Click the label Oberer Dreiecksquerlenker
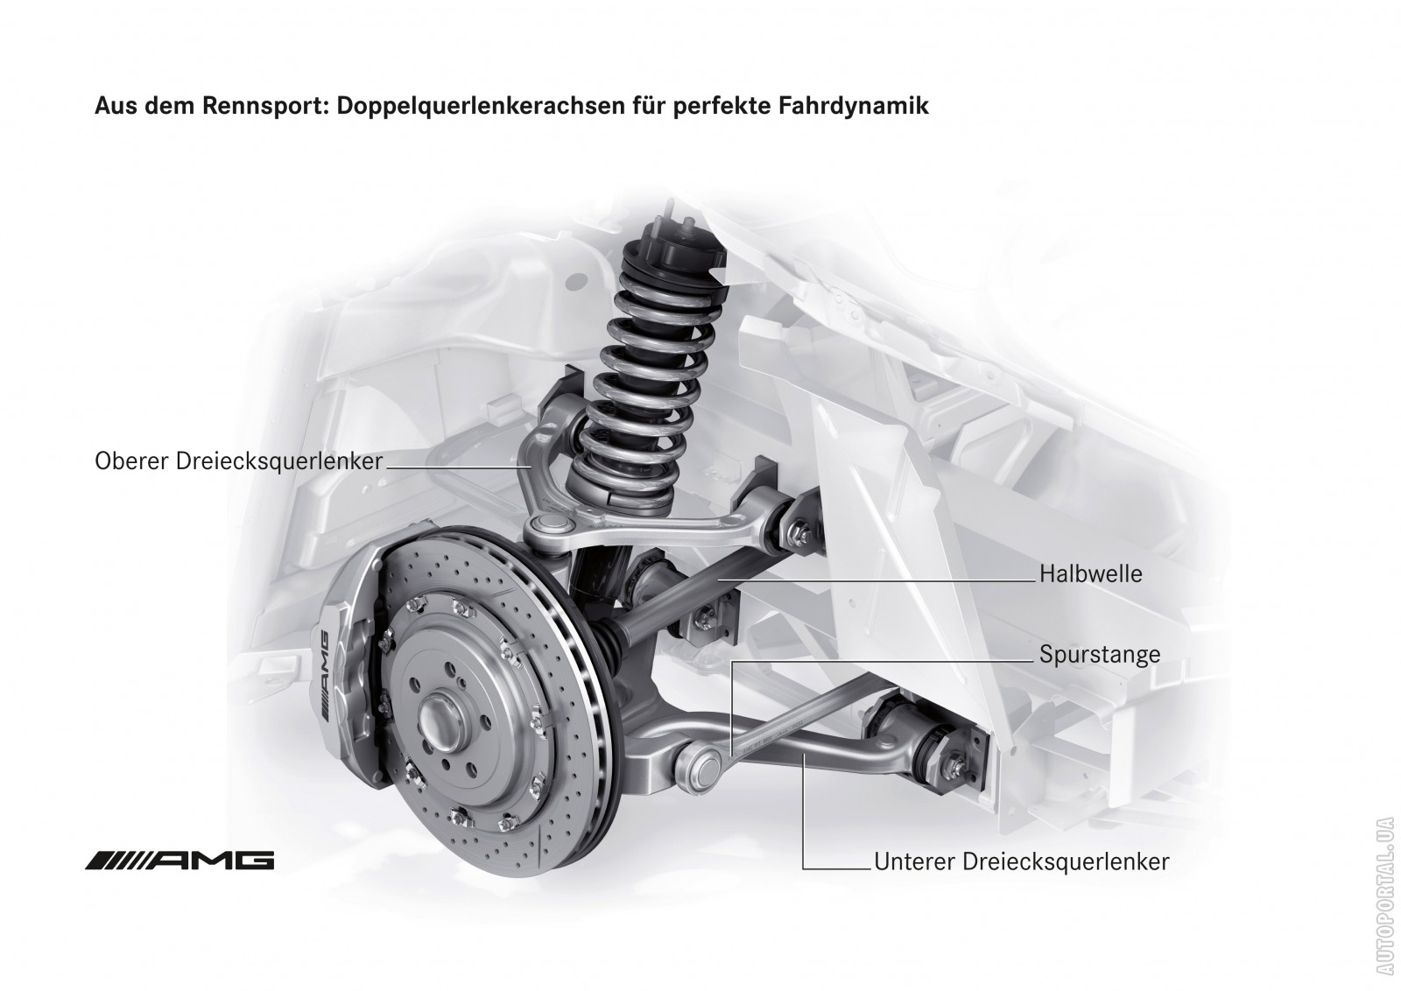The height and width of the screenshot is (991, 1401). [x=238, y=461]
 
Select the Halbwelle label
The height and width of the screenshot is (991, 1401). [x=1090, y=574]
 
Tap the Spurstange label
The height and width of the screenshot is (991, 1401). [x=1100, y=655]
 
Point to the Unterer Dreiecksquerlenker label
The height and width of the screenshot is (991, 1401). [x=1021, y=861]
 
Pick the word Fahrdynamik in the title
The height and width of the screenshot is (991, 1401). [x=853, y=106]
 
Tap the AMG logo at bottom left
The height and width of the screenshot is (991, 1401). [x=180, y=861]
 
